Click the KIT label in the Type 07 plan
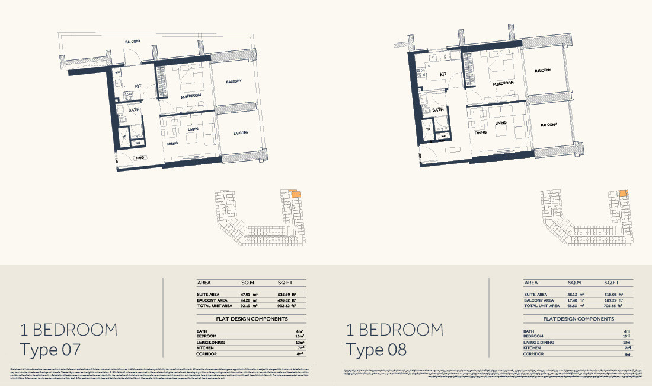coord(138,86)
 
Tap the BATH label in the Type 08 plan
coord(438,110)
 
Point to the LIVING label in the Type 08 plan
coord(501,123)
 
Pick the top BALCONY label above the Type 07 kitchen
coord(133,42)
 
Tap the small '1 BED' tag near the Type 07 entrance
coord(140,158)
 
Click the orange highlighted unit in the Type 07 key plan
coord(294,194)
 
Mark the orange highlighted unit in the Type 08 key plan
coord(623,193)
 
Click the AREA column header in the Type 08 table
coord(531,283)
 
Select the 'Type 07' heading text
coord(50,350)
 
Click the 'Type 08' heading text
coord(377,350)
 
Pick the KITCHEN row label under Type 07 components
coord(206,348)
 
